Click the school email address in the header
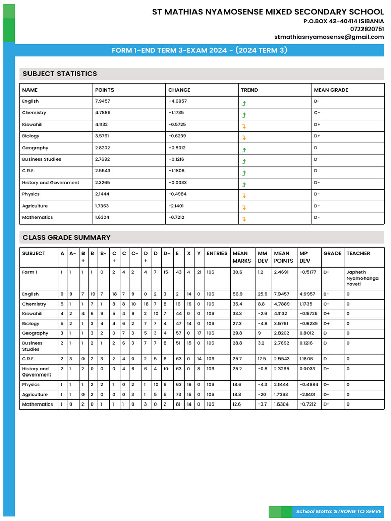point(329,37)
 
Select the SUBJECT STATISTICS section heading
point(60,74)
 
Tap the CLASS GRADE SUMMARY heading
point(67,237)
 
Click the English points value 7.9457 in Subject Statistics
point(103,101)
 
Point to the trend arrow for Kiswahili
point(244,125)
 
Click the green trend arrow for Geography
point(244,149)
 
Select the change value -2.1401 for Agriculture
point(177,206)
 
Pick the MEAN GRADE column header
point(331,90)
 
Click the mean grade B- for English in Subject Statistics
point(317,101)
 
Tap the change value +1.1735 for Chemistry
point(177,113)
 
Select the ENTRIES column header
point(217,253)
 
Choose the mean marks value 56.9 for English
point(237,294)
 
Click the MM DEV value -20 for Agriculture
point(262,394)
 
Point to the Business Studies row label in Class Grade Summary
point(33,346)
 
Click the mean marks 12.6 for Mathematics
point(237,404)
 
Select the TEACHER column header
point(358,253)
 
